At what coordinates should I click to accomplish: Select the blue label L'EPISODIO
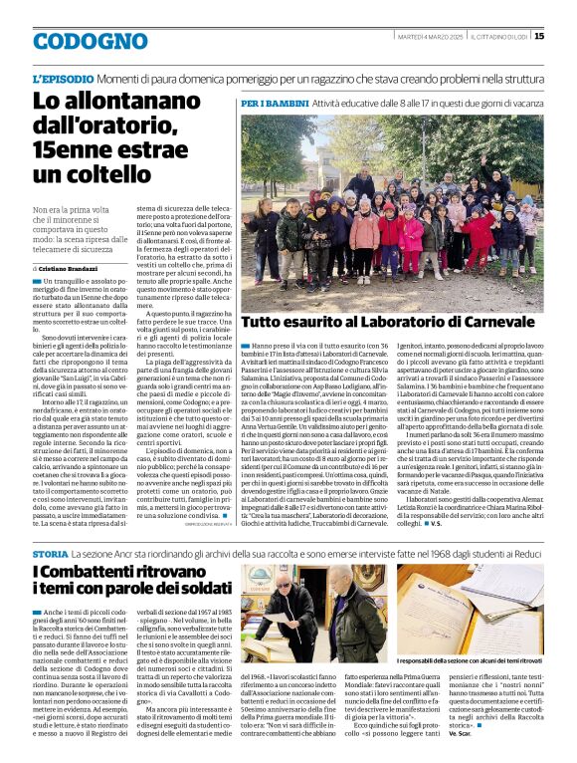65,78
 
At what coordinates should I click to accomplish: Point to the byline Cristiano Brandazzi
75,268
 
